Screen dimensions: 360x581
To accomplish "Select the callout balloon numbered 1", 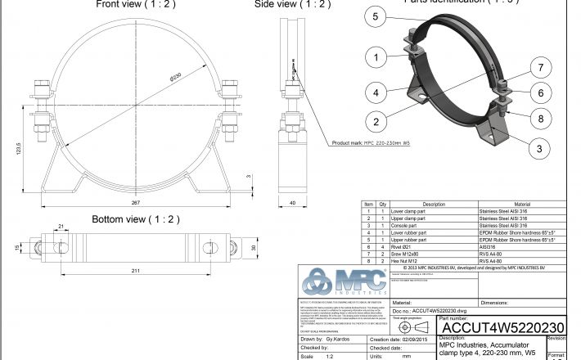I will (x=375, y=57).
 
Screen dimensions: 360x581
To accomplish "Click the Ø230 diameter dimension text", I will (x=178, y=76).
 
